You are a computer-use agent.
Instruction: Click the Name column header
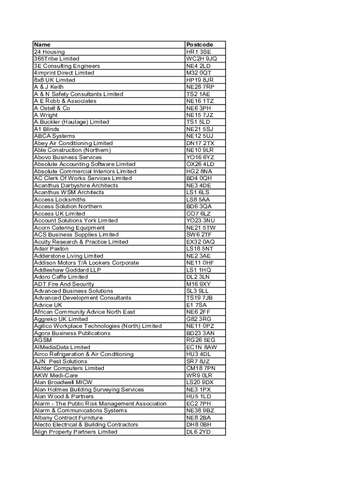click(x=42, y=45)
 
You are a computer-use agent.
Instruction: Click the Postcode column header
click(x=200, y=45)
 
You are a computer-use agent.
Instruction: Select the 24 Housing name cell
click(x=50, y=52)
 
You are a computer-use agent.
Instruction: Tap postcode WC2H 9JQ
click(x=202, y=59)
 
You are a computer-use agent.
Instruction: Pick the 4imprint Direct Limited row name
click(x=64, y=73)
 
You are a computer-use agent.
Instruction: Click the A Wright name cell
click(x=46, y=115)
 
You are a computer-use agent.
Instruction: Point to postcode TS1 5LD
click(x=198, y=122)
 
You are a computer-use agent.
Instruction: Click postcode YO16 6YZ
click(x=200, y=157)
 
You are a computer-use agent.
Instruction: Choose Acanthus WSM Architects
click(x=69, y=192)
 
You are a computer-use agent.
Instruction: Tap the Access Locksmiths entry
click(x=60, y=200)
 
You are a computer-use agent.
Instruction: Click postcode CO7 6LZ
click(x=198, y=214)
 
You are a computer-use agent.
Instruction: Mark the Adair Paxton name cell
click(x=51, y=249)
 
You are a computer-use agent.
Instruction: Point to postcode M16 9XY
click(x=199, y=284)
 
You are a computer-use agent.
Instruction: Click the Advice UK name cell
click(x=48, y=305)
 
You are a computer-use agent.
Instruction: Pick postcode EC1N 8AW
click(x=202, y=347)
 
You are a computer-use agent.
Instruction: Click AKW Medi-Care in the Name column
click(x=56, y=375)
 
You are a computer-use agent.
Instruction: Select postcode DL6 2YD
click(x=199, y=432)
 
